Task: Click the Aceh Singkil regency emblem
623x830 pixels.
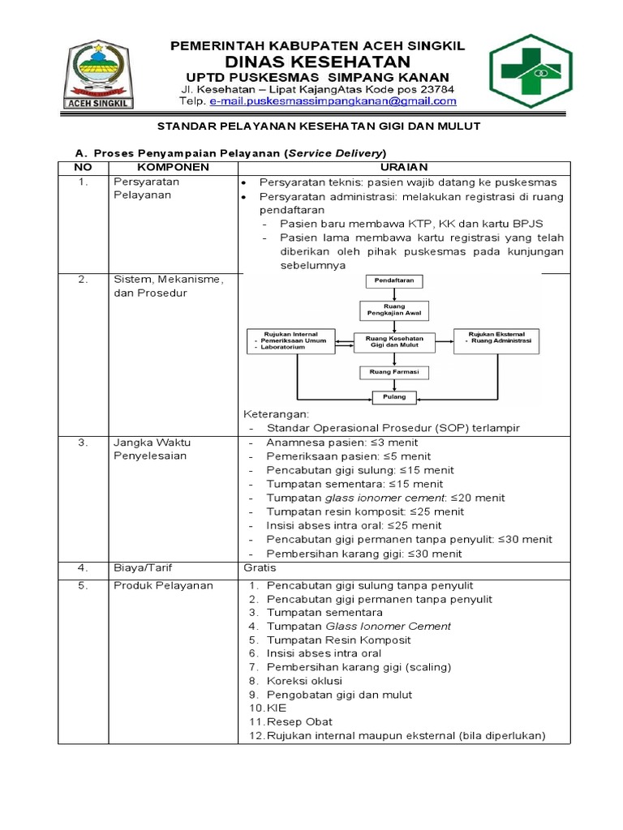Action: [100, 75]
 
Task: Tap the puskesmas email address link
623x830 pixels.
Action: [333, 102]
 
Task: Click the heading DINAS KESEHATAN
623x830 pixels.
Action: [317, 62]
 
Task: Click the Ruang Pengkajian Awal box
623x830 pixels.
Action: [395, 310]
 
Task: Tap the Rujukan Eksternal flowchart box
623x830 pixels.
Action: [498, 338]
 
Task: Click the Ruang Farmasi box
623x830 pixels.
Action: [395, 372]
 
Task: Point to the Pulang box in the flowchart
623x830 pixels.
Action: [395, 397]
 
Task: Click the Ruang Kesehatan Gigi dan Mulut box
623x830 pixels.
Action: [395, 341]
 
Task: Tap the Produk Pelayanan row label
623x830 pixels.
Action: [163, 586]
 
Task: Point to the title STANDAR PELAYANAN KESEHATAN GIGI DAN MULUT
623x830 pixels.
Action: [318, 126]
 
